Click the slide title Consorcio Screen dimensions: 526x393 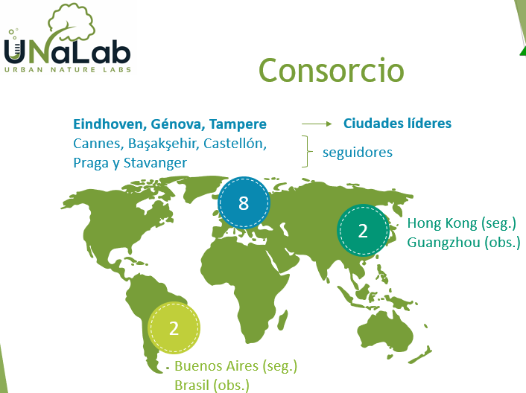point(332,70)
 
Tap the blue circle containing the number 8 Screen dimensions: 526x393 point(244,202)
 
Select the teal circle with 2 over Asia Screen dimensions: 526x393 point(363,231)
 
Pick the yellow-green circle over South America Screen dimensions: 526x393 point(174,327)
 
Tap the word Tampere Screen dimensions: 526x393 point(238,124)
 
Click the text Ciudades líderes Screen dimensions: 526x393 point(397,124)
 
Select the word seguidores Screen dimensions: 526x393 point(358,153)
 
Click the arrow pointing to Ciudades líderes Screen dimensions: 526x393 point(317,124)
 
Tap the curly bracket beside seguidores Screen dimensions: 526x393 point(307,151)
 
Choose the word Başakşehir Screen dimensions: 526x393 point(162,144)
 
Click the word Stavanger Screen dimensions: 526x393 point(155,163)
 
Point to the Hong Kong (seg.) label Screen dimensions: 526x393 point(462,223)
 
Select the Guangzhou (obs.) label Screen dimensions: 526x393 point(463,243)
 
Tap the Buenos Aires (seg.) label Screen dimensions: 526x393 point(236,366)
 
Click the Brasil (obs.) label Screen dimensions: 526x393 point(212,386)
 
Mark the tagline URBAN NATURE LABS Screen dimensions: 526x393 point(68,70)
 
